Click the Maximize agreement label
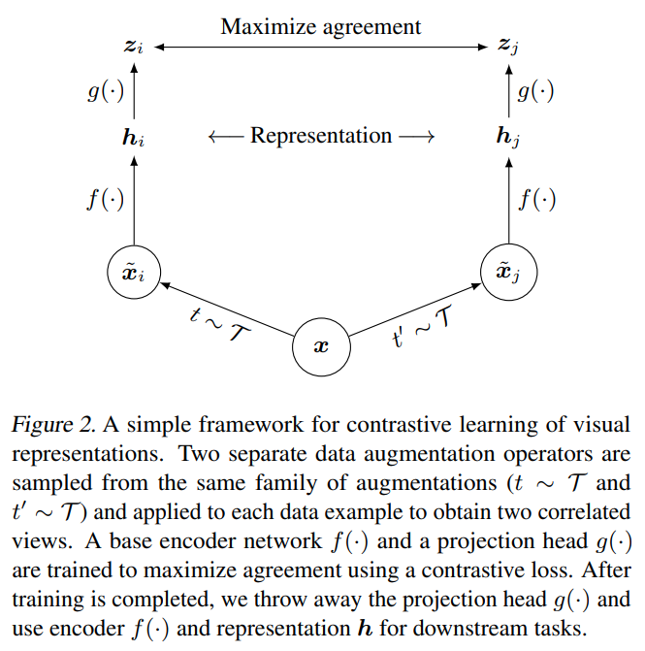[x=321, y=26]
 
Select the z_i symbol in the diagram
[x=134, y=46]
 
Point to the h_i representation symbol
[x=134, y=138]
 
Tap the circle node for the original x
[x=322, y=344]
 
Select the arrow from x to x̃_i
[x=229, y=309]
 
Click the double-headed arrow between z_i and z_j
[x=321, y=46]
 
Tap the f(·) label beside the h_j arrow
[x=536, y=202]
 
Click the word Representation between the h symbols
[x=321, y=136]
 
